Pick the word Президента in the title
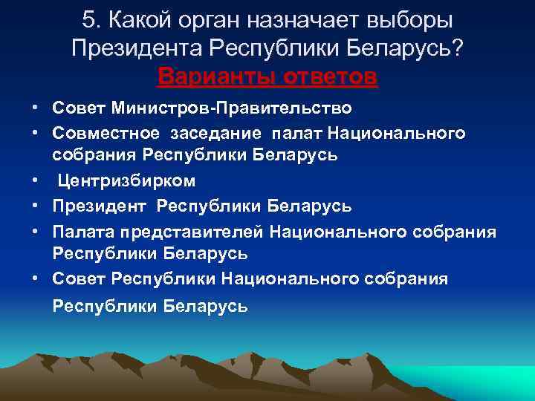click(137, 49)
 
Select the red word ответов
click(331, 76)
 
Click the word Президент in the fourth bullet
click(100, 204)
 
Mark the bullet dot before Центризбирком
click(36, 180)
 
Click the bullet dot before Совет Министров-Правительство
click(36, 108)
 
